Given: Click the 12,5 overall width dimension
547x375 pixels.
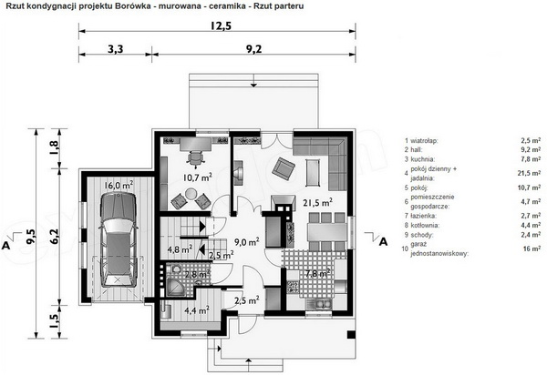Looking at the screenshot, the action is point(221,26).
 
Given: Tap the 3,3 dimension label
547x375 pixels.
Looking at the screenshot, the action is point(115,49).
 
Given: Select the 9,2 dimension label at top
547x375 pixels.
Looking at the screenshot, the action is point(253,49).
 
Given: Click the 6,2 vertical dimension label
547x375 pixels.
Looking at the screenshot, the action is point(55,236).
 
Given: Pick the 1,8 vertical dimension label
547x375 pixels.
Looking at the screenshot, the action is point(55,148).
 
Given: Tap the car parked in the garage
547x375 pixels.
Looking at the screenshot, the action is point(118,240).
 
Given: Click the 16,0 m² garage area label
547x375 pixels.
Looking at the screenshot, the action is point(119,185).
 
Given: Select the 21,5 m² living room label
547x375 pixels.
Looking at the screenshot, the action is point(317,202).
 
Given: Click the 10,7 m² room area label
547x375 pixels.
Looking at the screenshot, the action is point(198,177).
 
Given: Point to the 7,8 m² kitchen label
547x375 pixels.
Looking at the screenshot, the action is point(317,273).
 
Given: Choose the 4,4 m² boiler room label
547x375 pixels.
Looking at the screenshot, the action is point(198,309).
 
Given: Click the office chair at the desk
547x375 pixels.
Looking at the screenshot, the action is point(196,157).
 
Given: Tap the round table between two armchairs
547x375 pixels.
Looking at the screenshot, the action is point(191,194).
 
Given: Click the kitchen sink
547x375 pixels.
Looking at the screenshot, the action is point(319,304).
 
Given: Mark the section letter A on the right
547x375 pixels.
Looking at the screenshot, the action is point(383,241).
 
